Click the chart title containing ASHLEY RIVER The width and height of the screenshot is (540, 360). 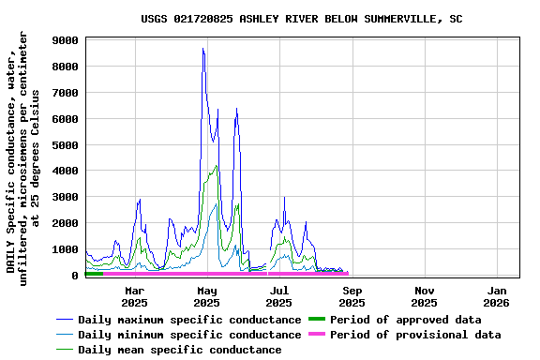[x=301, y=19]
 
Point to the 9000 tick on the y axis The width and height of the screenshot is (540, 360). [x=65, y=40]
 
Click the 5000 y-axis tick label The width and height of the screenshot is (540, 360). [x=65, y=145]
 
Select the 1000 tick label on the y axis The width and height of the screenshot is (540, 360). [x=65, y=249]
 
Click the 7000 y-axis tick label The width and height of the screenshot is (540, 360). [x=65, y=93]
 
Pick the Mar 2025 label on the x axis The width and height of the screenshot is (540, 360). [x=134, y=296]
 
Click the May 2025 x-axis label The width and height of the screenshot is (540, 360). [x=206, y=296]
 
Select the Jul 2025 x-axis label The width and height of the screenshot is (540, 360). [x=278, y=296]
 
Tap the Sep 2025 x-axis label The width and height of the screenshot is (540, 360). [x=352, y=296]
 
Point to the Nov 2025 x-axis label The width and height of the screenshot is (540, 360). [x=424, y=296]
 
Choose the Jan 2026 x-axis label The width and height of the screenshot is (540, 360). [x=496, y=296]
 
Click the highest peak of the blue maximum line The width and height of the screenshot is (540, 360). [x=202, y=49]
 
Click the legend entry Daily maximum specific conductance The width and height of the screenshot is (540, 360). [x=188, y=320]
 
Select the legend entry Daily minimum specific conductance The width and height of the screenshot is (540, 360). [x=188, y=335]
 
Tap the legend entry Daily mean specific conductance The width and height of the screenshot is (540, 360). [x=179, y=350]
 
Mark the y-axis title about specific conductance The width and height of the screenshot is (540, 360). [x=23, y=155]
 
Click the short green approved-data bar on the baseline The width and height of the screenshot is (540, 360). [x=94, y=273]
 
